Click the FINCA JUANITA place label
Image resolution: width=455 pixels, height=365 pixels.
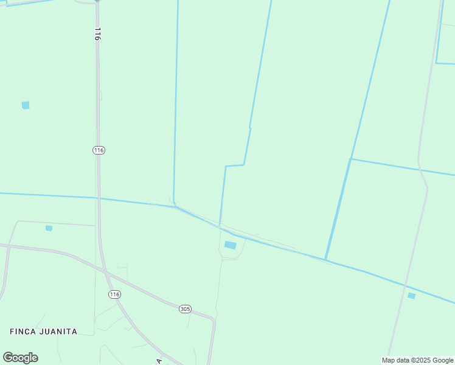[x=43, y=332]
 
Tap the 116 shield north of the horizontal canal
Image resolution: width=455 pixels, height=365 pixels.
[x=99, y=150]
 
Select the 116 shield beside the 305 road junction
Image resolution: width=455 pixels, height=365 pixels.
[x=114, y=294]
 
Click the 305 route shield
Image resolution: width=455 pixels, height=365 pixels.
[x=186, y=309]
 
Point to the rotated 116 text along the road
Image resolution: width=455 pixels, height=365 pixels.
[x=97, y=34]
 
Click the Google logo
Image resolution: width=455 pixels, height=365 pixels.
[x=20, y=358]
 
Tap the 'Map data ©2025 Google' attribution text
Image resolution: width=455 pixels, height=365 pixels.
[x=417, y=360]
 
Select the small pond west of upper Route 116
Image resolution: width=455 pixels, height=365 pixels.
[x=26, y=105]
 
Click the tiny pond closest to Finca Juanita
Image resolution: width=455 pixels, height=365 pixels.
[x=49, y=228]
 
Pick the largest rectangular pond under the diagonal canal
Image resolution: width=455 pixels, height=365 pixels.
[x=230, y=245]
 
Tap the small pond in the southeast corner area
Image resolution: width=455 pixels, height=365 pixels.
[x=411, y=296]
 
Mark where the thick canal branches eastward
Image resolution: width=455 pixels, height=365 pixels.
[x=351, y=159]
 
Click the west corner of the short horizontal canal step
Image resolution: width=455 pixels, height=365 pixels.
[x=226, y=166]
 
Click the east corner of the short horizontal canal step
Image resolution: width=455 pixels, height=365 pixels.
[x=244, y=165]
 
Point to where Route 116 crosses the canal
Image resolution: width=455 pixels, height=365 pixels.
[x=98, y=198]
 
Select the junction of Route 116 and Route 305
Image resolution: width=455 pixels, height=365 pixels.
[x=107, y=274]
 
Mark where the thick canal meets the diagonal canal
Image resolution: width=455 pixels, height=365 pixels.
[x=325, y=260]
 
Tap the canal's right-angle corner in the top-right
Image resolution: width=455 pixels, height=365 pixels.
[x=436, y=63]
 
